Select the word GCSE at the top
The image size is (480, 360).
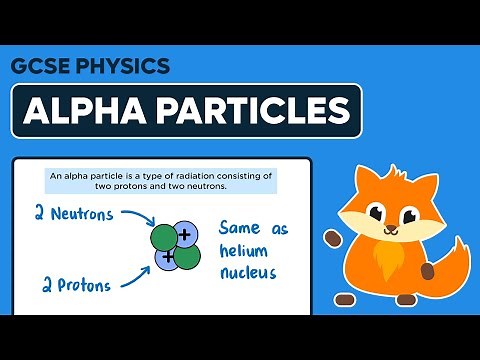(41, 67)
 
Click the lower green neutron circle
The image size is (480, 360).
(187, 256)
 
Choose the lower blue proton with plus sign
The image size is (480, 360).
(167, 259)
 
